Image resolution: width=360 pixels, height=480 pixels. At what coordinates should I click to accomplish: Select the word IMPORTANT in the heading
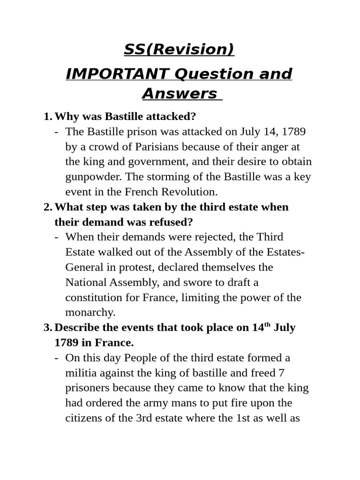point(117,74)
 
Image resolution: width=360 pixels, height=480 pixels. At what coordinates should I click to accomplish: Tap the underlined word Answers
point(180,94)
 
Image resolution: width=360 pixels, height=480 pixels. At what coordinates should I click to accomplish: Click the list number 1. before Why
point(47,116)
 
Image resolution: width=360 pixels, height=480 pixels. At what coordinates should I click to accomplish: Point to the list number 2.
point(47,207)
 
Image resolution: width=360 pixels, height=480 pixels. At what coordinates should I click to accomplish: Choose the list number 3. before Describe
point(47,328)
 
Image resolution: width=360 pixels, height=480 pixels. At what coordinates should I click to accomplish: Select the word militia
point(80,373)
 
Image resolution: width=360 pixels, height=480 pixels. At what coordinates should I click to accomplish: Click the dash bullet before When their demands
point(57,237)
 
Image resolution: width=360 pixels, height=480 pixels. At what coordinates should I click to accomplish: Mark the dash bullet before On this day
point(57,358)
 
